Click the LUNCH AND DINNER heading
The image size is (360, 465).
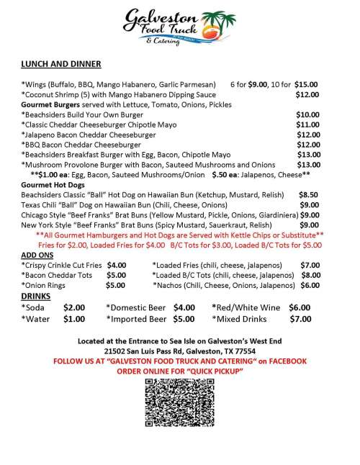click(62, 64)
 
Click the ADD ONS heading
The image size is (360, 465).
click(37, 254)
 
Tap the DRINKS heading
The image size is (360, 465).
click(35, 296)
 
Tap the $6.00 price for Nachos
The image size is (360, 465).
click(310, 284)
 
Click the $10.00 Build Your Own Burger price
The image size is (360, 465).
click(308, 114)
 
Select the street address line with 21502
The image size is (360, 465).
click(180, 351)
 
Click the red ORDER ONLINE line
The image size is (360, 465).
click(180, 370)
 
